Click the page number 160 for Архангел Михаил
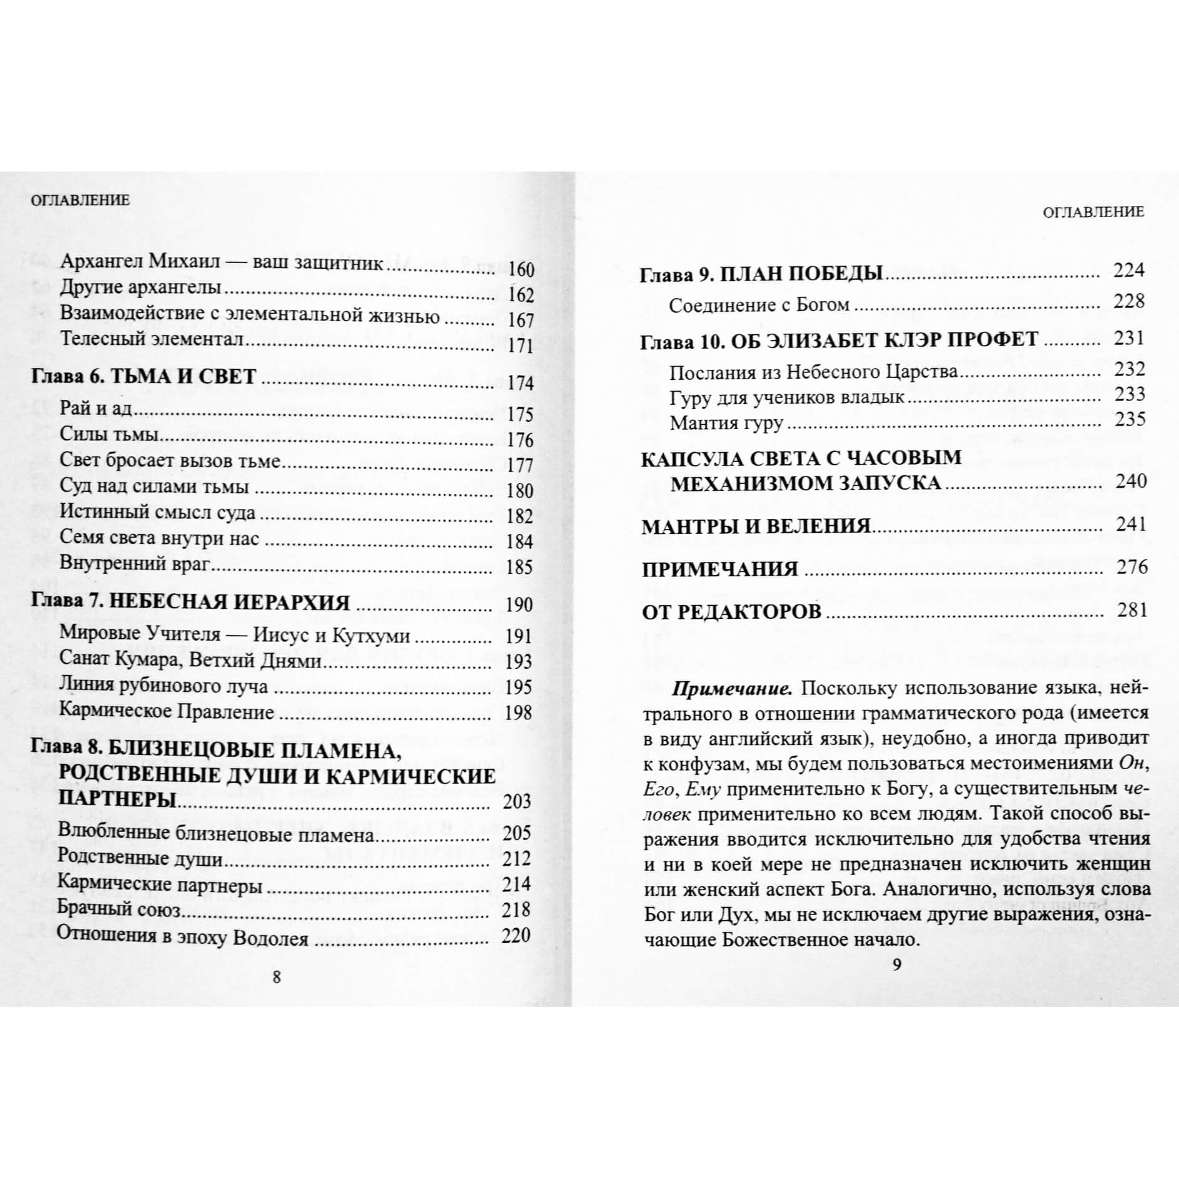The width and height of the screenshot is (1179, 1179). [521, 269]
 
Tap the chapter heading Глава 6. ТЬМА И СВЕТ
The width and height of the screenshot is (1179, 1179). [144, 377]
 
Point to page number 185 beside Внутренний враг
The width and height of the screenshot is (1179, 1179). [520, 567]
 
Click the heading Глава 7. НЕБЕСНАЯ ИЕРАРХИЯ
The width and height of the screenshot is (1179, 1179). [191, 603]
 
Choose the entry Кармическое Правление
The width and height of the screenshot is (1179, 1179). [167, 712]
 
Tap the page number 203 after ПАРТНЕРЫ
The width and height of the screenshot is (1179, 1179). [517, 801]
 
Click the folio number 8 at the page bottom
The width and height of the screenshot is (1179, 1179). [276, 977]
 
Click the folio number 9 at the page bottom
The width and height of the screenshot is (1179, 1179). [897, 964]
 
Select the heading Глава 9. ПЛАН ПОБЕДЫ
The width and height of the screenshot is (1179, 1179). [762, 274]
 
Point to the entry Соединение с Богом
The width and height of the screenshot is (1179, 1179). [759, 306]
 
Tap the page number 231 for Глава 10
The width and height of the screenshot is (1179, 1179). [1130, 338]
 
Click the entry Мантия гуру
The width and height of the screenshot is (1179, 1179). [726, 423]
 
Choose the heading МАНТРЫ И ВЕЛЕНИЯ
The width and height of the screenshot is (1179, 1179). [756, 526]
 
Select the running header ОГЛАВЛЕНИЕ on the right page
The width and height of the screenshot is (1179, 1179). [1094, 211]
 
